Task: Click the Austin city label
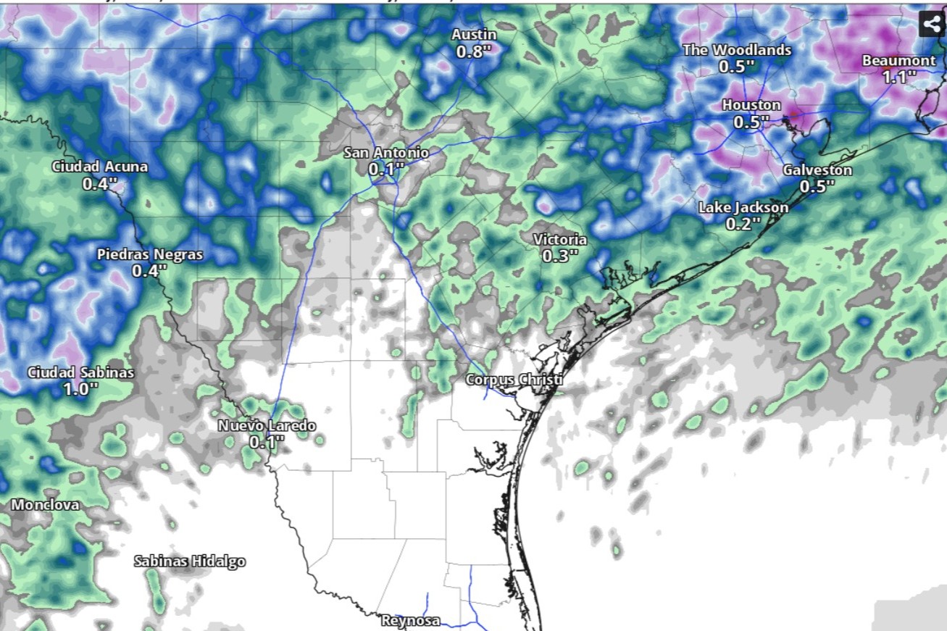click(474, 35)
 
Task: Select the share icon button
click(932, 23)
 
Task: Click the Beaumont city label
click(898, 61)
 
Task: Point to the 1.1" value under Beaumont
click(899, 77)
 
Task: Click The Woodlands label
click(737, 50)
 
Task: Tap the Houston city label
click(751, 106)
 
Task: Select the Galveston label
click(817, 170)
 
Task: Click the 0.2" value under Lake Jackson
click(743, 225)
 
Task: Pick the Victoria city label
click(559, 240)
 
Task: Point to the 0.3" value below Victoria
click(560, 256)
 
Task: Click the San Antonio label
click(385, 153)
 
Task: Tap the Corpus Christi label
click(514, 380)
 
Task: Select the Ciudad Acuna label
click(99, 167)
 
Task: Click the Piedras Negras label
click(150, 255)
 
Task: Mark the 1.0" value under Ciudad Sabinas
click(80, 389)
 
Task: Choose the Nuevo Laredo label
click(267, 425)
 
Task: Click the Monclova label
click(45, 505)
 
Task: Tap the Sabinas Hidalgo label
click(190, 561)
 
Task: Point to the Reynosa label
click(410, 621)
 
